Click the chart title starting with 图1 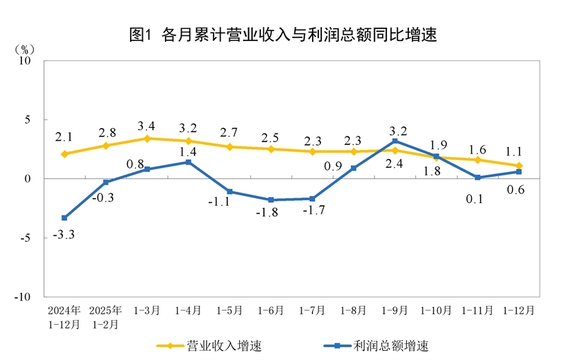[283, 34]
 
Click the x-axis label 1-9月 [394, 310]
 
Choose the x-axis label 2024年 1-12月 [64, 317]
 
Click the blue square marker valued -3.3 [64, 218]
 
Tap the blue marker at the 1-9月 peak [395, 141]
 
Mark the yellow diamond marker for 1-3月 [147, 139]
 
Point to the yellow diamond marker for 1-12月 [519, 166]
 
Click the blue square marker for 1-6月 [271, 200]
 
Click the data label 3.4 [147, 126]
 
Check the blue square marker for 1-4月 [188, 162]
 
